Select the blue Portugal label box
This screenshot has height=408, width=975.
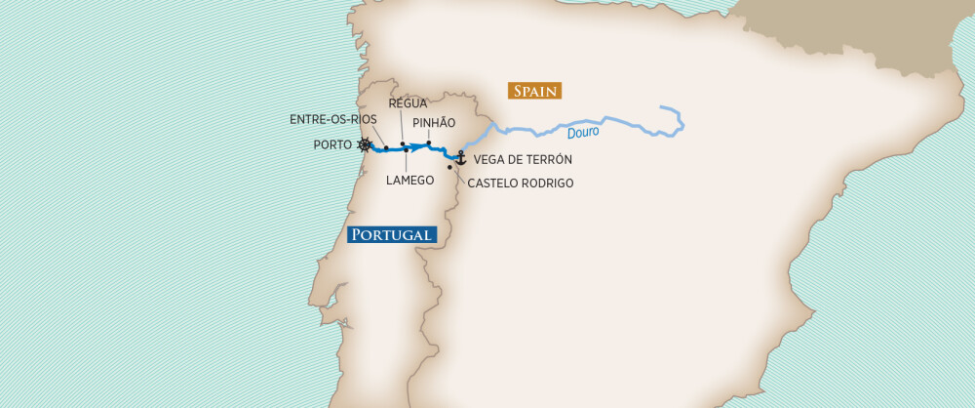pyautogui.click(x=391, y=234)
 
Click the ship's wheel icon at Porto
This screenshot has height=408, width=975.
pyautogui.click(x=365, y=145)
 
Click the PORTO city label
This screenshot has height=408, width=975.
pyautogui.click(x=333, y=145)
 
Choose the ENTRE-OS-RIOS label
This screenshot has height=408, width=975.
pyautogui.click(x=333, y=119)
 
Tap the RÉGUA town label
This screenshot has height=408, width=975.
pyautogui.click(x=409, y=102)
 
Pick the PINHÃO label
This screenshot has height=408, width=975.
pyautogui.click(x=434, y=123)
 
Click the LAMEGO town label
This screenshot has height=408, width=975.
pyautogui.click(x=409, y=181)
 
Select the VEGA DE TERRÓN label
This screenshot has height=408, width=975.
pyautogui.click(x=523, y=159)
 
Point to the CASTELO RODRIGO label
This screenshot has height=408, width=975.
pyautogui.click(x=521, y=183)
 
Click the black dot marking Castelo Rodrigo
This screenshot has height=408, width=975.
pyautogui.click(x=449, y=168)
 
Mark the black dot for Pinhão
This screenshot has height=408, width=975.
pyautogui.click(x=429, y=143)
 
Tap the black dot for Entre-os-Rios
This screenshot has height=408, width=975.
pyautogui.click(x=386, y=148)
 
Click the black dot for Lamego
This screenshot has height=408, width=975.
pyautogui.click(x=407, y=150)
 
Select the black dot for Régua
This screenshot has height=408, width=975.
pyautogui.click(x=403, y=143)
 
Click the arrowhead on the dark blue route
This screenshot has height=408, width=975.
pyautogui.click(x=417, y=148)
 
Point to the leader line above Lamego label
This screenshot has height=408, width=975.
pyautogui.click(x=407, y=162)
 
